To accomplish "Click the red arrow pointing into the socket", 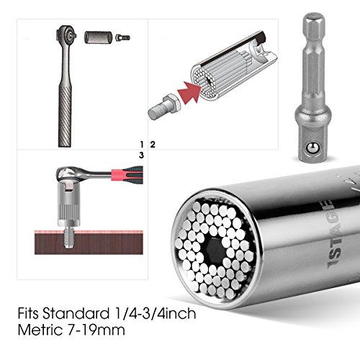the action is pos(189,92).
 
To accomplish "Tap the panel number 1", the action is pos(142,145).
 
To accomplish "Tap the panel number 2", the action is pos(153,145).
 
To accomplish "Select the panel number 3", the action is pos(141,156).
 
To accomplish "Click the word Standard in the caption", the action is pos(76,313).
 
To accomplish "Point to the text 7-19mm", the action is pos(95,330).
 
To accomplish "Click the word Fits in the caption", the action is pos(28,313).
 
